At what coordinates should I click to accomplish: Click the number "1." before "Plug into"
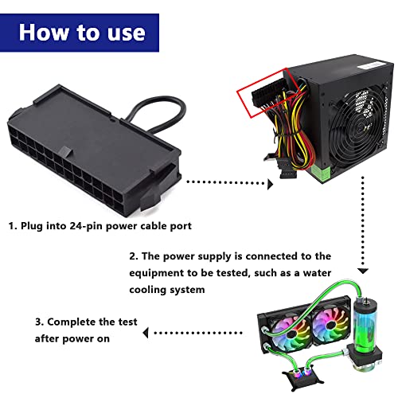click(x=14, y=227)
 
